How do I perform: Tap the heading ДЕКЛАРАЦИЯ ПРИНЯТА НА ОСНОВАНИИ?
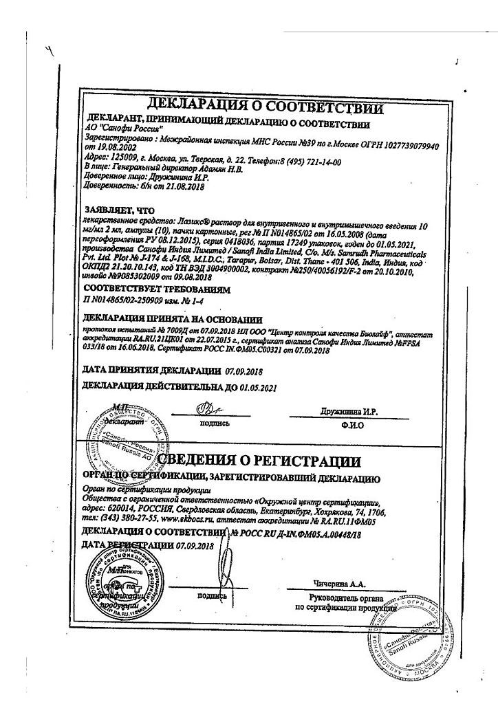click(172, 319)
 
